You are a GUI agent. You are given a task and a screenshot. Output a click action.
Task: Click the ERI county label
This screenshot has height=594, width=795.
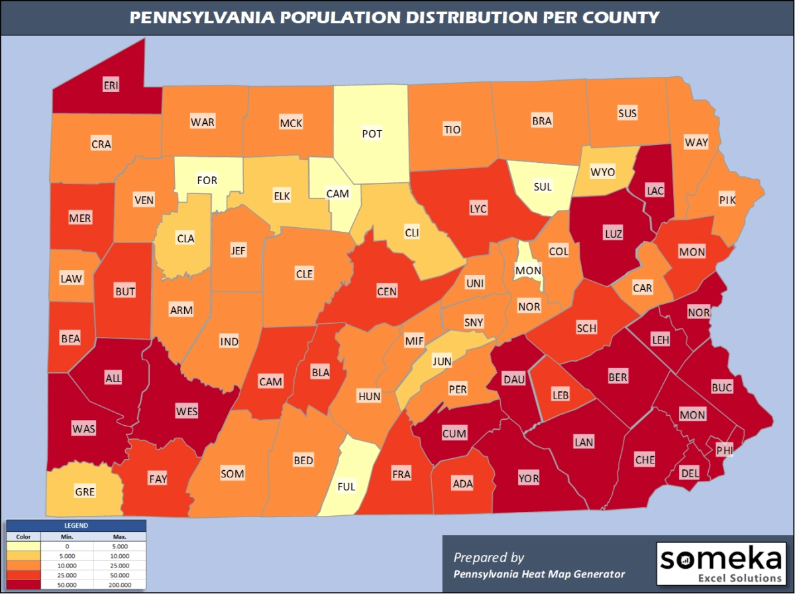tap(111, 85)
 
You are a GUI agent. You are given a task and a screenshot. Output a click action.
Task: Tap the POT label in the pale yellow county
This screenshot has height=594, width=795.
tap(372, 134)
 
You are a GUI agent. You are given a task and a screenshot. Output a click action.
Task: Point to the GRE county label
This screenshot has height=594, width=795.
tap(85, 491)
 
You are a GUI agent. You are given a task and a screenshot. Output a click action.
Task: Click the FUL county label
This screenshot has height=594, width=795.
tap(346, 486)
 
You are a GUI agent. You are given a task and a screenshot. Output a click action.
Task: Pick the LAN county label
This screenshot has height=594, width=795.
tap(584, 442)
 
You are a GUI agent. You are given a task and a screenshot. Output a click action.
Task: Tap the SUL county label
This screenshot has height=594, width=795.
tap(543, 186)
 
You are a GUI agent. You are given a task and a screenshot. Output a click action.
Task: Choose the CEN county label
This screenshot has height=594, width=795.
tap(387, 291)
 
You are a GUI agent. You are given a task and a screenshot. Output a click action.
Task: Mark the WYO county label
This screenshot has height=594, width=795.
tap(602, 172)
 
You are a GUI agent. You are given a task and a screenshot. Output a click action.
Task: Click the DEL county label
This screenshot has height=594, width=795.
tap(690, 473)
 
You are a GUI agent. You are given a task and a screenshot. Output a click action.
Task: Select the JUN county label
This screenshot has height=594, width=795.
tap(442, 362)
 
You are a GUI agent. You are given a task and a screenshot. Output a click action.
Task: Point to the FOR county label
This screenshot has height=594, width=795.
tap(207, 180)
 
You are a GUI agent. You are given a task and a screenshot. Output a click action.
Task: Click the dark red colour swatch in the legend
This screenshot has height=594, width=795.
tap(23, 585)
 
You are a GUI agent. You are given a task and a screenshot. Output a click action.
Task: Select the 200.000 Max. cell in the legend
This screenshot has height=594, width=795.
tap(119, 585)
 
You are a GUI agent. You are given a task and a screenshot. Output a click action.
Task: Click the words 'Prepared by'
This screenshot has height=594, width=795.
tap(489, 557)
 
